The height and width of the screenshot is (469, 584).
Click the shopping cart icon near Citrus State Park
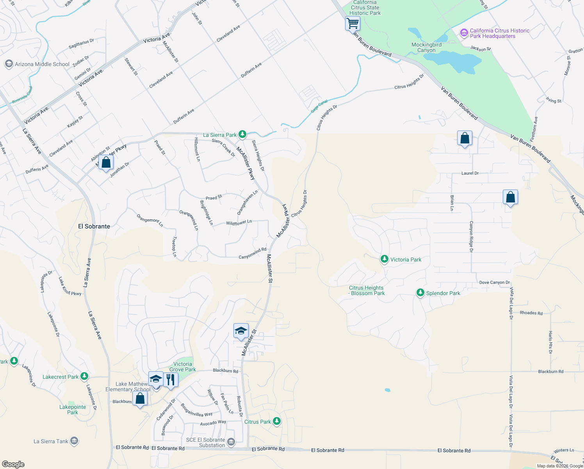coord(353,23)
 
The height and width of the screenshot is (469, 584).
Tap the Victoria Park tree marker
coord(385,259)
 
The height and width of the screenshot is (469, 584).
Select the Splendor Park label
coord(443,293)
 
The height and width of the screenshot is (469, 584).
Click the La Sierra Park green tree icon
coord(242,134)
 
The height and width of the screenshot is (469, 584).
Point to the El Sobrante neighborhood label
coord(94,226)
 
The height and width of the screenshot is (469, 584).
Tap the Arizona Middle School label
coord(42,64)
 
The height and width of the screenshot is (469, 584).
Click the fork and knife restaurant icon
coord(171,379)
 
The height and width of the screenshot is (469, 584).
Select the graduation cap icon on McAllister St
coord(241,331)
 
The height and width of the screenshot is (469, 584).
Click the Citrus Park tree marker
coord(277,421)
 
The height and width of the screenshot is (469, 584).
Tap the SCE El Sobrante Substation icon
coord(231,442)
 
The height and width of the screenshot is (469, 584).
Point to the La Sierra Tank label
coord(51,441)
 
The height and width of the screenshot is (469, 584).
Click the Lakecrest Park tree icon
coord(84,376)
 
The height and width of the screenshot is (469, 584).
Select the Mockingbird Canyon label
coord(426,47)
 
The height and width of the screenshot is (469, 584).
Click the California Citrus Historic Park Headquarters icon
coord(464,33)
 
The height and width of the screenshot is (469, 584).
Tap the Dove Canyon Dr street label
coord(494,282)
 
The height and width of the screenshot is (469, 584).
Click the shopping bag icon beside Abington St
coord(106,162)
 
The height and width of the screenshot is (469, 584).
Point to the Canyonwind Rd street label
coord(252,254)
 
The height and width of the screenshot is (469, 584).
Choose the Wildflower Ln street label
coord(239,222)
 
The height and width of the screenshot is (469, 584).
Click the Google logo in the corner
coord(13,464)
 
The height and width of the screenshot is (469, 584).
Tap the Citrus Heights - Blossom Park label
coord(367,290)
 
